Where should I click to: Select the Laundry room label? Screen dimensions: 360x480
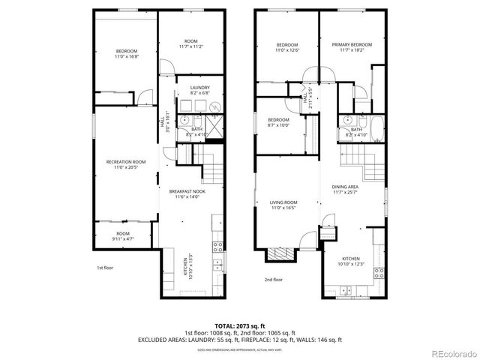point(199,90)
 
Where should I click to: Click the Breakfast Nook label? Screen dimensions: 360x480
point(187,194)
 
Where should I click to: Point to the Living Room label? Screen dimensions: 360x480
point(284,205)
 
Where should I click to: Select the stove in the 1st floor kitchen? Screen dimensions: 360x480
point(218,246)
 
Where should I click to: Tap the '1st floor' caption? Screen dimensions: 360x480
point(104,268)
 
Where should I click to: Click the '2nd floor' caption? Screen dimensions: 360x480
point(273,279)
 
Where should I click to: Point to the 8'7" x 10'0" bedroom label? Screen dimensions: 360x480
point(279,123)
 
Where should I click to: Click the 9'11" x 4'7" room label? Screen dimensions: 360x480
point(123,236)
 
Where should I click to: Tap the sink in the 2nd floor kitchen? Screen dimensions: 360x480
point(346,288)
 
